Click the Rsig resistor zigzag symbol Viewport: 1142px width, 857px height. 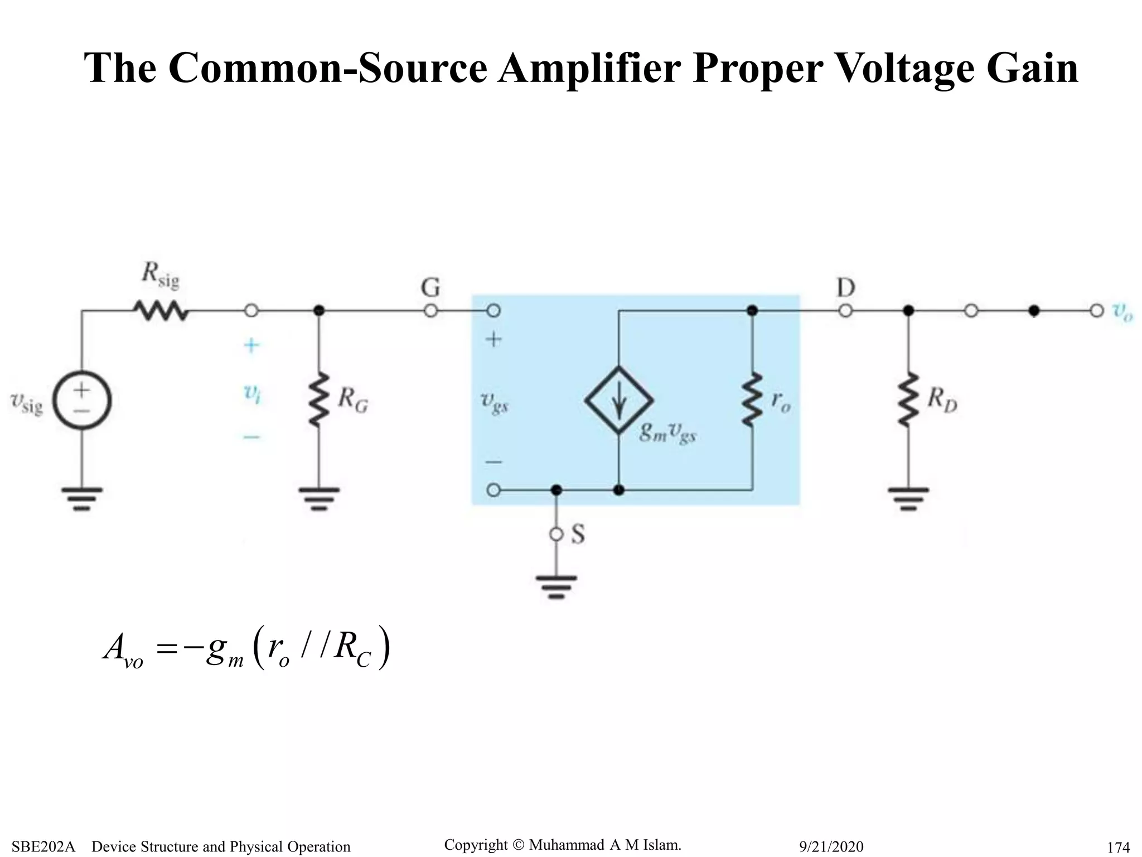[x=161, y=311]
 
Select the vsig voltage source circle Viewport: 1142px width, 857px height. [x=82, y=400]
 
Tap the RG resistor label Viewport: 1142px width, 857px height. [x=353, y=399]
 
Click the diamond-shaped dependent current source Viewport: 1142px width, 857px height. [x=619, y=400]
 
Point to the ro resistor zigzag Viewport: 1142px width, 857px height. [x=752, y=400]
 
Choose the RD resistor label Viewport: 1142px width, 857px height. [x=942, y=399]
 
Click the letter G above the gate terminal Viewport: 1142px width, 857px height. [x=430, y=288]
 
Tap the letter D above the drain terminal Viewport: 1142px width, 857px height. [x=845, y=288]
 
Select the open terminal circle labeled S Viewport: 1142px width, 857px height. [x=557, y=535]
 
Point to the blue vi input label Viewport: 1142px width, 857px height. [x=252, y=393]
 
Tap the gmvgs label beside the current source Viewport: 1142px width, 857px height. [x=668, y=432]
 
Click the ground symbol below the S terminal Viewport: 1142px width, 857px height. [x=557, y=586]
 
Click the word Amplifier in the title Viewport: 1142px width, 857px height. [x=589, y=68]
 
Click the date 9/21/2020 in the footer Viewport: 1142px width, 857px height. [x=831, y=846]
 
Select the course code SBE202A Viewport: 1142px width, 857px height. [x=43, y=846]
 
